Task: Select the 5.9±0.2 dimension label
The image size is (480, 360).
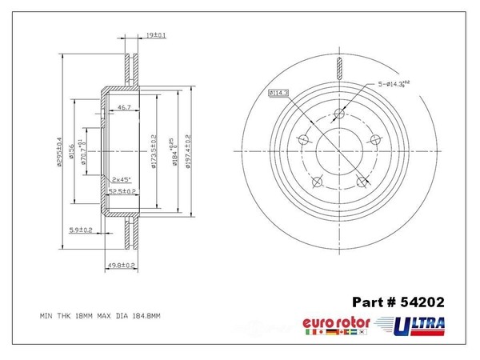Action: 81,230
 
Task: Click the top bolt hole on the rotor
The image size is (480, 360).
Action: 340,113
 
